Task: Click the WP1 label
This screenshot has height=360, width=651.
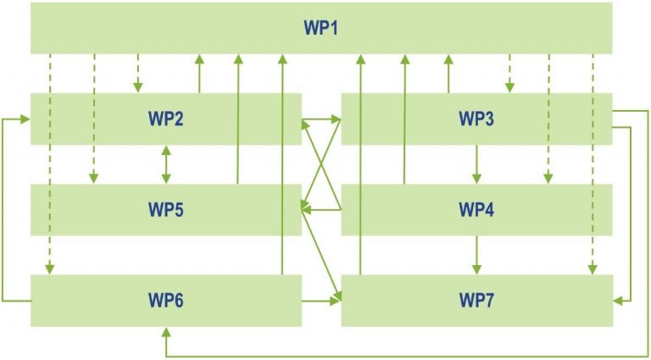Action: pyautogui.click(x=321, y=28)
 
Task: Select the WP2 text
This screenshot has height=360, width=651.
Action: pyautogui.click(x=165, y=119)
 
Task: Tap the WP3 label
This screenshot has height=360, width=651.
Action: pyautogui.click(x=476, y=119)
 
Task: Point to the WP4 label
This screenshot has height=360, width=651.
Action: pyautogui.click(x=476, y=210)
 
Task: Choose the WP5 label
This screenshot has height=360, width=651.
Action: pyautogui.click(x=165, y=210)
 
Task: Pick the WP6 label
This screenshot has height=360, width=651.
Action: pyautogui.click(x=165, y=301)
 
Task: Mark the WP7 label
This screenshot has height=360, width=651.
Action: pyautogui.click(x=476, y=301)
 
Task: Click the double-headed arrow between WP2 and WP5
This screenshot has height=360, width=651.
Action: pyautogui.click(x=166, y=164)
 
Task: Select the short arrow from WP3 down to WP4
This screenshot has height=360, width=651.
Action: pyautogui.click(x=476, y=164)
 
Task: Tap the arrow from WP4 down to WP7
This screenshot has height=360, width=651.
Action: pyautogui.click(x=476, y=255)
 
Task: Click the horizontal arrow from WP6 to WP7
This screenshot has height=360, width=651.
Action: pyautogui.click(x=321, y=301)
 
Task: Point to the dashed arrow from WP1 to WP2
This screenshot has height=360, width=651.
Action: pyautogui.click(x=138, y=73)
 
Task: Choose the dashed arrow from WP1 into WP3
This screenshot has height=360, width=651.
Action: pyautogui.click(x=509, y=73)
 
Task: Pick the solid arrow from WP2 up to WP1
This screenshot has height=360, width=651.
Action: pyautogui.click(x=200, y=74)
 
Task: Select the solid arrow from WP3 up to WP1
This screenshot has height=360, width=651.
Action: pyautogui.click(x=448, y=74)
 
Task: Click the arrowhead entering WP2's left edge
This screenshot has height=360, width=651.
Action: pyautogui.click(x=25, y=119)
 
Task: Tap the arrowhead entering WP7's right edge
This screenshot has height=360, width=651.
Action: pyautogui.click(x=618, y=301)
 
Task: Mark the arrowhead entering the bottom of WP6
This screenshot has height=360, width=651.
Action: pyautogui.click(x=166, y=332)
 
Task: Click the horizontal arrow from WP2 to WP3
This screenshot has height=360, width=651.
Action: pyautogui.click(x=321, y=119)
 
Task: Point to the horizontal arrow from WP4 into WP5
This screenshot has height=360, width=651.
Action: pyautogui.click(x=321, y=210)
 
